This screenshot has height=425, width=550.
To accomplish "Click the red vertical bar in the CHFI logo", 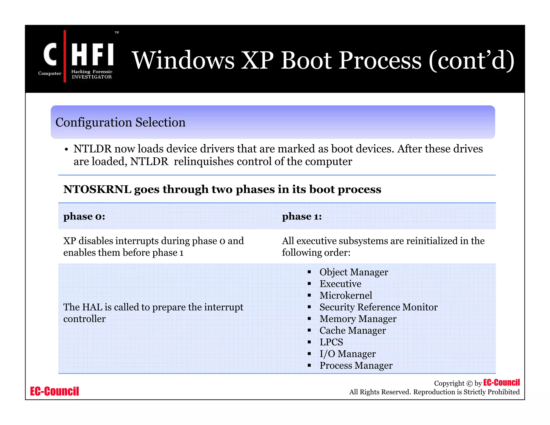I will click(65, 56).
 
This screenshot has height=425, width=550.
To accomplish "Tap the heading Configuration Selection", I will click(120, 122).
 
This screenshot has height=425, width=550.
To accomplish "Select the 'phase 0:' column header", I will click(84, 216).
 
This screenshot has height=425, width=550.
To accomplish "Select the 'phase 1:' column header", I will click(302, 216).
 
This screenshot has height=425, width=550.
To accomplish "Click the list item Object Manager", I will click(353, 272).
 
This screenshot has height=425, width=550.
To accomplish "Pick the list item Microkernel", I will click(346, 296).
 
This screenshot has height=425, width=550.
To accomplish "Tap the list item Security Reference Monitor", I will click(378, 307).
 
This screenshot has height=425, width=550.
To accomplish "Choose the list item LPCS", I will click(331, 342).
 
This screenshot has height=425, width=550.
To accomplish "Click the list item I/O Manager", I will click(347, 354).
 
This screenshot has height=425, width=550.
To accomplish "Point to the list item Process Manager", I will click(356, 365).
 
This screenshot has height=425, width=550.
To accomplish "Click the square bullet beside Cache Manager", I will click(309, 330).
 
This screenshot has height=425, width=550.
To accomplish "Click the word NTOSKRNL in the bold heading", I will click(97, 189).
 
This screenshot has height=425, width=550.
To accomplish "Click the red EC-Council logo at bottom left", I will click(55, 391).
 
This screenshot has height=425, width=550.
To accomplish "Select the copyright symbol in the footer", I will click(469, 383).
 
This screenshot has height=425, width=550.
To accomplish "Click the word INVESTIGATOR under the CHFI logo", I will click(92, 77).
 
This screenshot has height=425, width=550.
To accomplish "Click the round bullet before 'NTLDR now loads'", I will click(66, 150).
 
